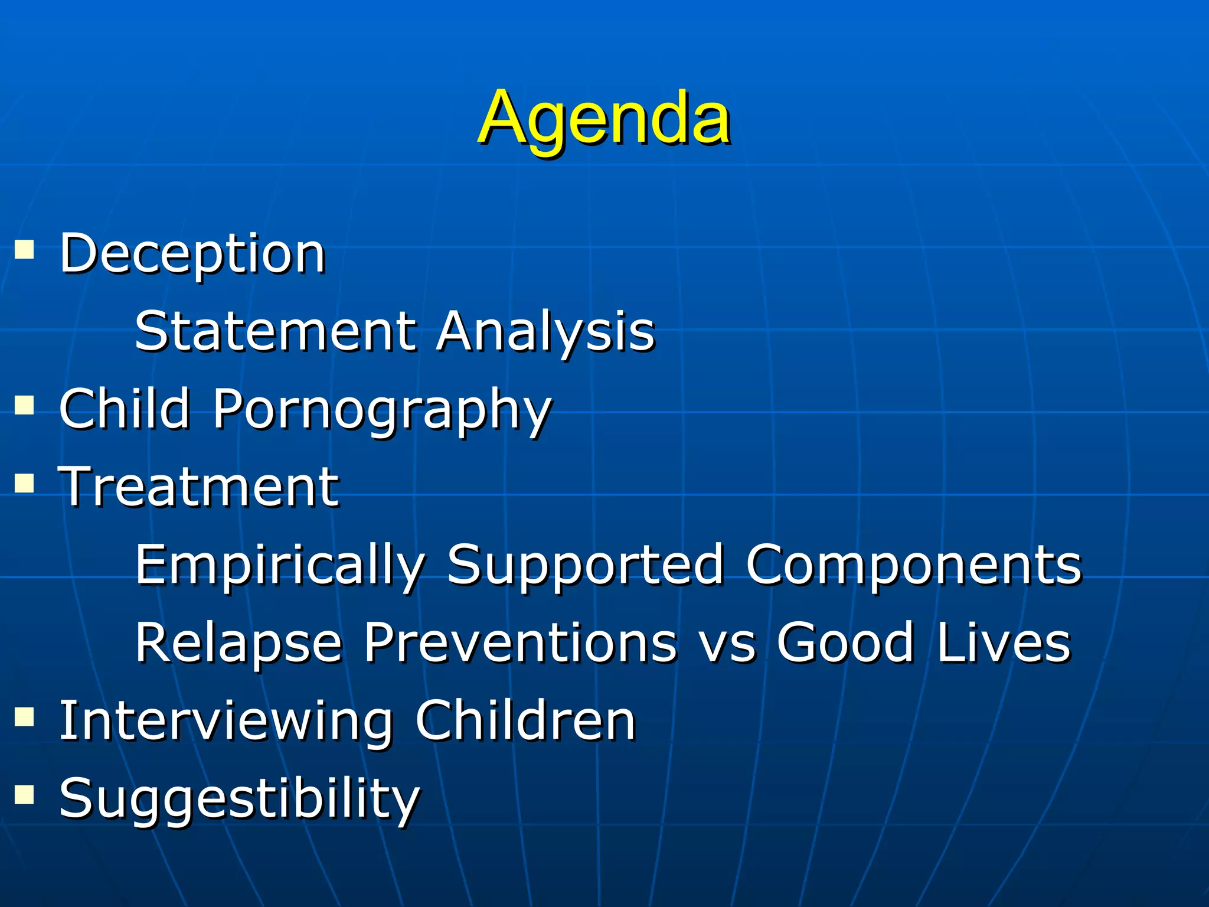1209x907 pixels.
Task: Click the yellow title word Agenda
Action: tap(603, 118)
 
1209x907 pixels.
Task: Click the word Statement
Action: tap(276, 331)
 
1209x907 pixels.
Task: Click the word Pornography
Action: tap(382, 410)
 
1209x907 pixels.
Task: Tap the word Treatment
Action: tap(199, 487)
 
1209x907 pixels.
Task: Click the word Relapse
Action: tap(239, 643)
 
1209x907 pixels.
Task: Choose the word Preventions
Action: tap(519, 642)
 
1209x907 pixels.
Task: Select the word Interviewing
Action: tap(227, 721)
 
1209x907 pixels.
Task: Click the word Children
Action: tap(525, 720)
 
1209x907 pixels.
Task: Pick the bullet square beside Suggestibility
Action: tap(24, 795)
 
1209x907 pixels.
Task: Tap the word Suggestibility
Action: tap(239, 799)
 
